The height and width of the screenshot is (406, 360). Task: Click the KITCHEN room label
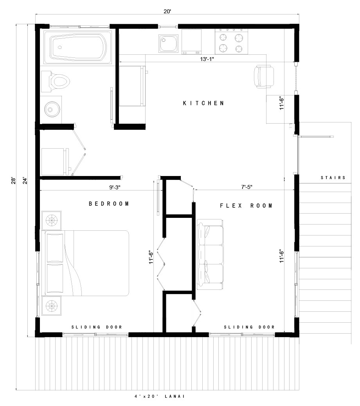point(203,103)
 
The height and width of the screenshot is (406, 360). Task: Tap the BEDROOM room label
point(109,204)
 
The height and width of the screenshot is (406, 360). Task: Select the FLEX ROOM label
point(246,205)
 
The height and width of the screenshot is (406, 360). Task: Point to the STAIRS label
point(333,178)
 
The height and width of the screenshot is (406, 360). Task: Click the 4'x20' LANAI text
point(159,396)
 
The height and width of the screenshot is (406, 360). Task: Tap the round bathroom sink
point(51,109)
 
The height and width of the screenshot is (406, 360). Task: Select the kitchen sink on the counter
point(169,43)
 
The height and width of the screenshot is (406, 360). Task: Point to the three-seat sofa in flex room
point(210,255)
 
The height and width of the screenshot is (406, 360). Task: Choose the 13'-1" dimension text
point(207,59)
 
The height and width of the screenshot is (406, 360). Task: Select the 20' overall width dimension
point(167,12)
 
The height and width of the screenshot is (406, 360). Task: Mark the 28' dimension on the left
point(14,181)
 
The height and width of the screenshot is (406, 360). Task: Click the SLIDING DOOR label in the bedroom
point(97,327)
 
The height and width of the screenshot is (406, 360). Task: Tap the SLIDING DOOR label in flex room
point(249,327)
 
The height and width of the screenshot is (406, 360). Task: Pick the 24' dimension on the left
point(25,181)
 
